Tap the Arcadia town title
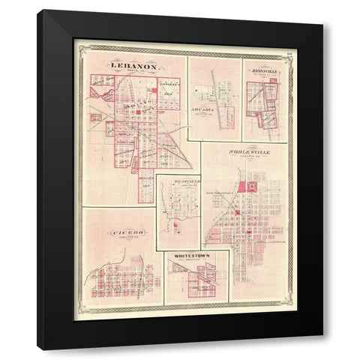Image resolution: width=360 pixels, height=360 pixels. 202,109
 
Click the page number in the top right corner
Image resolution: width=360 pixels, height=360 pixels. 288,52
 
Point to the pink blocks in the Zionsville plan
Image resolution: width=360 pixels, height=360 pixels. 262,101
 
